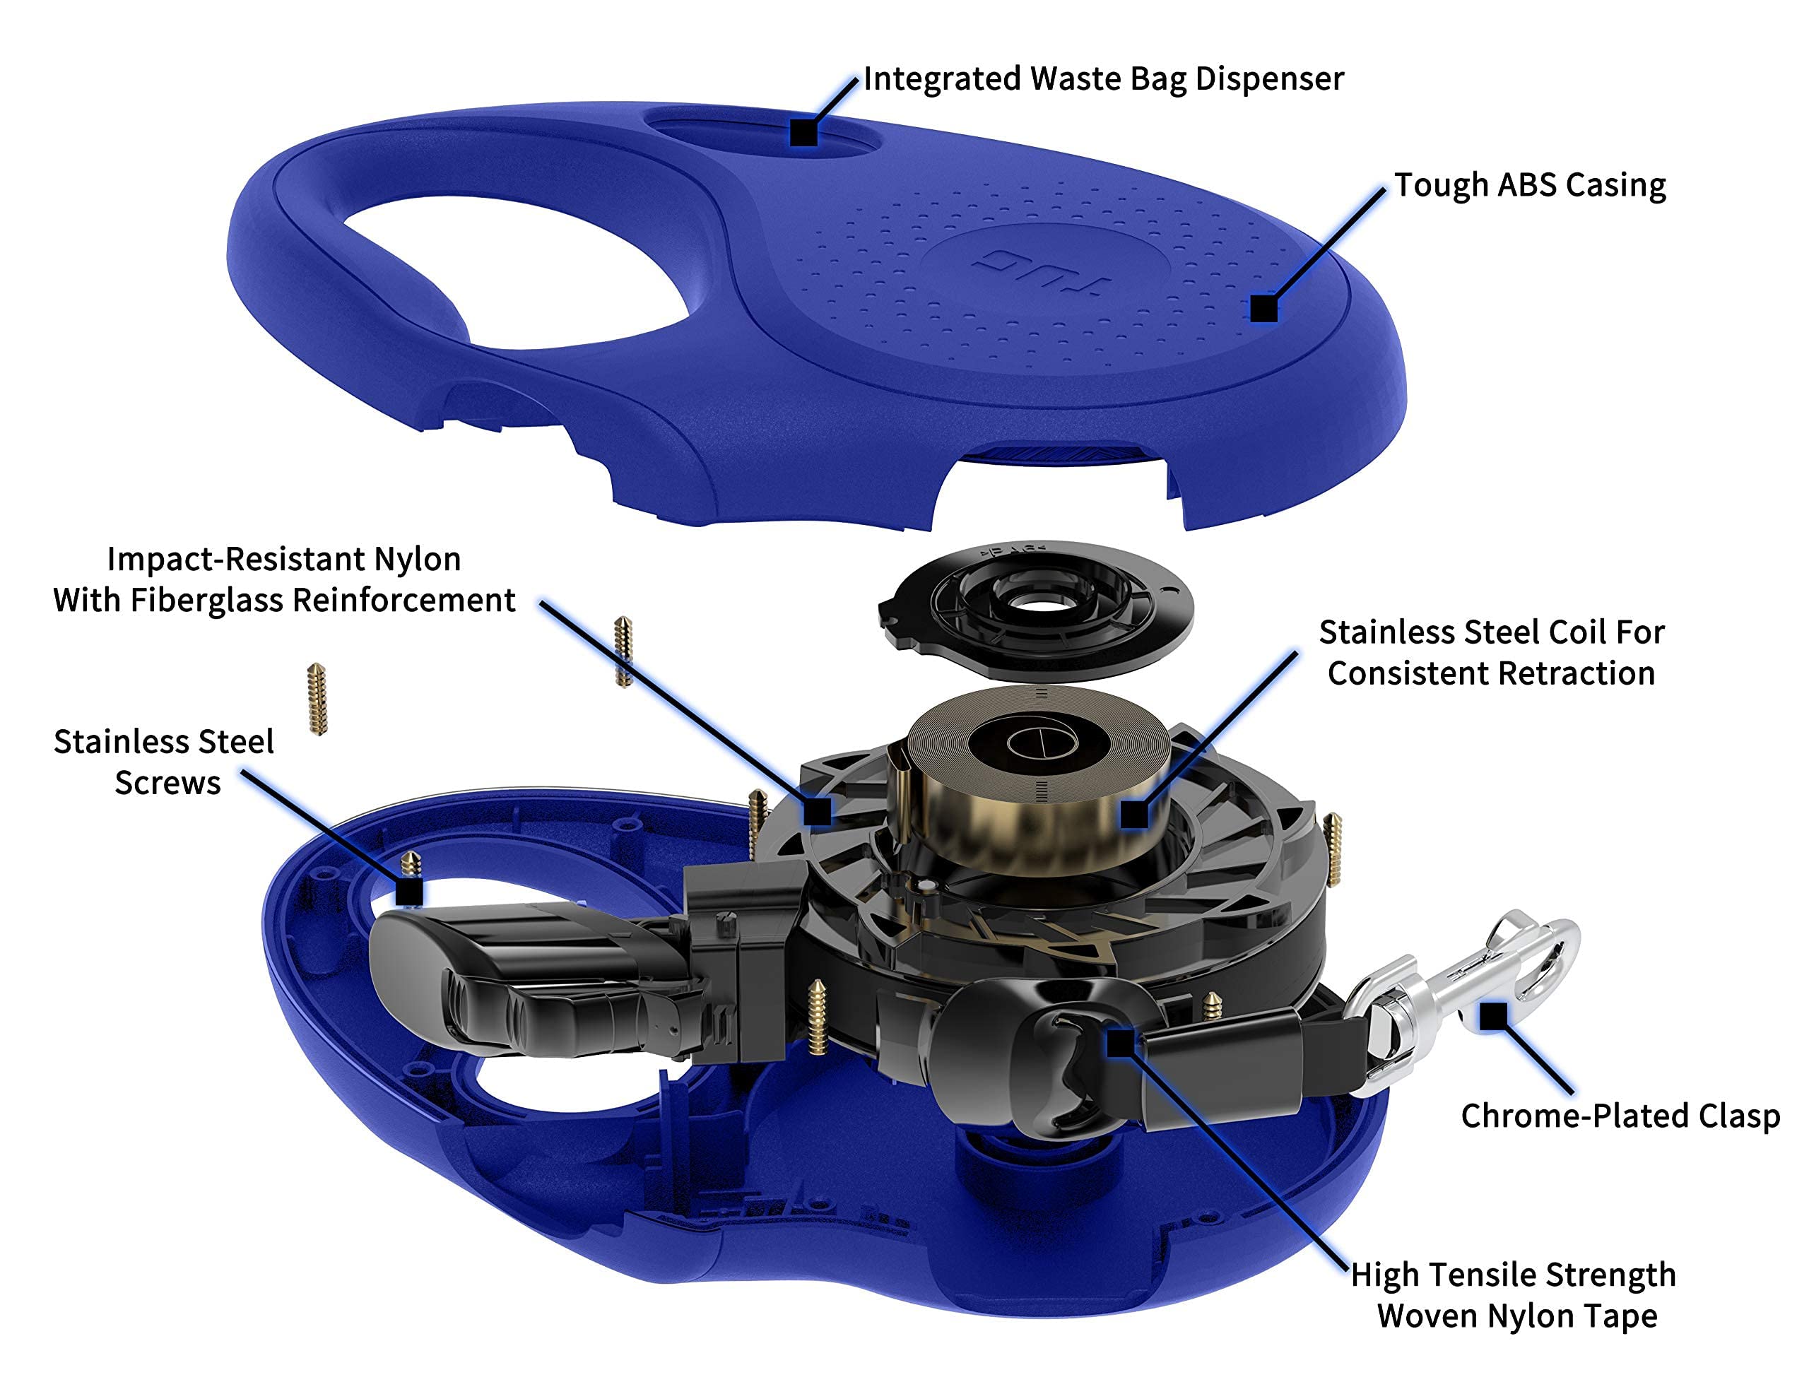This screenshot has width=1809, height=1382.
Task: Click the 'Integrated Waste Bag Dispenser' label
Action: [x=1102, y=80]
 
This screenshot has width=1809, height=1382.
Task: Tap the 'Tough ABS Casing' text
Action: [x=1529, y=185]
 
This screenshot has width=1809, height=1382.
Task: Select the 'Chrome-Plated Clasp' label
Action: [x=1620, y=1116]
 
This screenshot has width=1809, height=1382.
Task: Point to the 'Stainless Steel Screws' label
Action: [x=165, y=762]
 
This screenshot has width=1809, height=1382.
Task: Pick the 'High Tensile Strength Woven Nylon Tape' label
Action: [x=1514, y=1295]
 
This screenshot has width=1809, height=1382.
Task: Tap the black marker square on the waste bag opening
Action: [x=803, y=132]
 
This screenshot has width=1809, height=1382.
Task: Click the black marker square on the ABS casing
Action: [x=1263, y=309]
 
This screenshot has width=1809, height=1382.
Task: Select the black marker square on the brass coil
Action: [x=1134, y=815]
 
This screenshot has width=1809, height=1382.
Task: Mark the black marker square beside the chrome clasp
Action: [x=1493, y=1016]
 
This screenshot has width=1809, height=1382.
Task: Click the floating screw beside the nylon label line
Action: [x=623, y=651]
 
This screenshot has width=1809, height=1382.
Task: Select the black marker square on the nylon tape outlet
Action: [x=1119, y=1044]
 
